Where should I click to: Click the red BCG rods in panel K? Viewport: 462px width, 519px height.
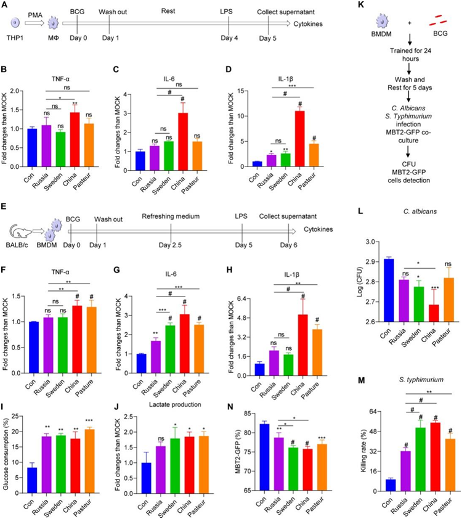(434, 22)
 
